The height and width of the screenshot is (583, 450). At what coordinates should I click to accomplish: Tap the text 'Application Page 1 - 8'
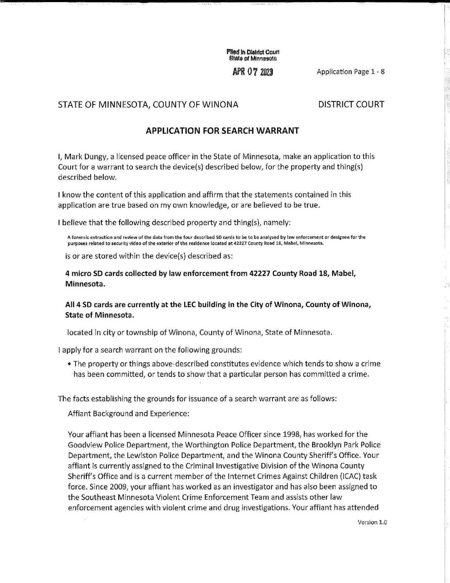tap(351, 72)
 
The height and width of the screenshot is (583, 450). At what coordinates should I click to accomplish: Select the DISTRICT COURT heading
tap(351, 104)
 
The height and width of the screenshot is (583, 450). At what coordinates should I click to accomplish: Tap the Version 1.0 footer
tap(372, 522)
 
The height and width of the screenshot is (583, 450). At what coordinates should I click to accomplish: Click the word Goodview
tap(83, 445)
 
